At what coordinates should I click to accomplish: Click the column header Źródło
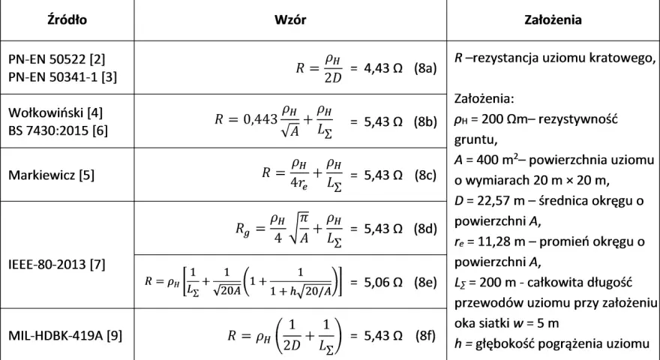pos(67,19)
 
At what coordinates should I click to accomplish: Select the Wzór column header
pos(290,19)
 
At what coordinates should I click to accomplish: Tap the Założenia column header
pos(553,19)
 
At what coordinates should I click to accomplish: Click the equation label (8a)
pos(425,68)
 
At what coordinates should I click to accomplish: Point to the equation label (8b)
pos(425,121)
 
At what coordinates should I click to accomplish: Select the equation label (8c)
pos(425,175)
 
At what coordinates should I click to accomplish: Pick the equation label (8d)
pos(425,229)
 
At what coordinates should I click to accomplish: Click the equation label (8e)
pos(425,282)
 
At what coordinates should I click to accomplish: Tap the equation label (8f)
pos(425,335)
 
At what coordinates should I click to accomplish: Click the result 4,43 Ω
pos(383,68)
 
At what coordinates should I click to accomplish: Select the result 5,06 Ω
pos(383,282)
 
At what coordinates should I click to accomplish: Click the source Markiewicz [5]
pos(51,175)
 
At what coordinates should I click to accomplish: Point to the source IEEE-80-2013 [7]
pos(57,265)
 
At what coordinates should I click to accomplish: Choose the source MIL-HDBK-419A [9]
pos(65,335)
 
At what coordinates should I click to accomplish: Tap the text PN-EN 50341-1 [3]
pos(63,77)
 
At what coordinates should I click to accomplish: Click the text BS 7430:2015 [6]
pos(58,130)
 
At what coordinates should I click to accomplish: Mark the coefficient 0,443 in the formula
pos(260,119)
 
